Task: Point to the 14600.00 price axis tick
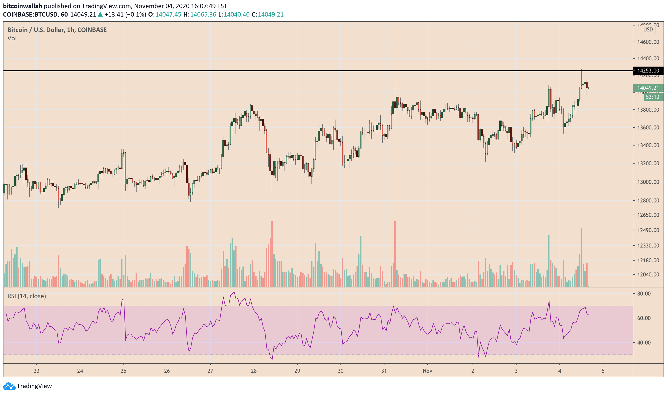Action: [x=648, y=42]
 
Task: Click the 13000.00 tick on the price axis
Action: [x=648, y=182]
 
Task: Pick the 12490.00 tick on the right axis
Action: [x=648, y=230]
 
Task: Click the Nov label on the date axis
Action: [x=427, y=371]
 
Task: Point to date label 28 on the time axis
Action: [x=254, y=371]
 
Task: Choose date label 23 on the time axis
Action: [x=36, y=371]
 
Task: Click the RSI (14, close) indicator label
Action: [x=27, y=296]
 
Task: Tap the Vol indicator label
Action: [x=12, y=38]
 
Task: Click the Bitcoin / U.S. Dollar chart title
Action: [x=57, y=30]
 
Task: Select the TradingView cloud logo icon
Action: [x=9, y=386]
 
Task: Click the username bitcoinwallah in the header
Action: [x=22, y=6]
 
